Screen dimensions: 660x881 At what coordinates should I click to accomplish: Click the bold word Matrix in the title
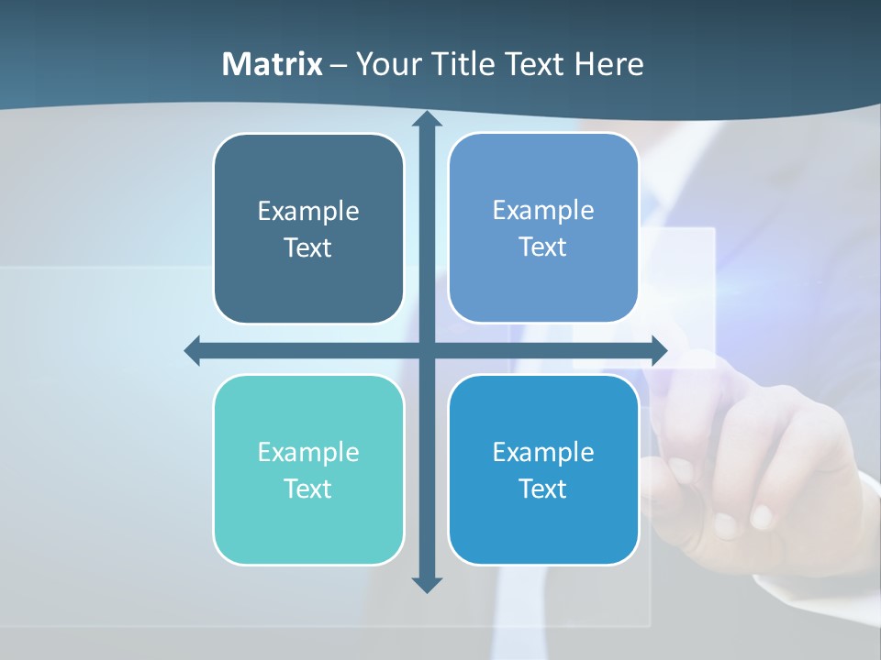point(273,64)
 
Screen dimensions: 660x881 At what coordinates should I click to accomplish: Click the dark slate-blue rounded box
point(308,229)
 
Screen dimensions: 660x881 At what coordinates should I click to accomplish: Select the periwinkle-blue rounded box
point(543,228)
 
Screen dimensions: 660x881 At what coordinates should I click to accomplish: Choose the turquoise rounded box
point(308,470)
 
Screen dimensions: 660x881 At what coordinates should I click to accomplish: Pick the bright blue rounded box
point(543,470)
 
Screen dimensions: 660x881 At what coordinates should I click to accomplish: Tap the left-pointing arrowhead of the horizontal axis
point(193,350)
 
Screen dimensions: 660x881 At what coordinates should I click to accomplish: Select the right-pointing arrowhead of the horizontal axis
point(659,350)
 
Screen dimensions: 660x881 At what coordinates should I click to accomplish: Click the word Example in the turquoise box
point(308,452)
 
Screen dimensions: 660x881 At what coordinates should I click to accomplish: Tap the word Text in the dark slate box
point(308,248)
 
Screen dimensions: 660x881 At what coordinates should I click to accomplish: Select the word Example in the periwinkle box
point(543,210)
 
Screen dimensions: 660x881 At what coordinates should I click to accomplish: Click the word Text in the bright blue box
point(543,489)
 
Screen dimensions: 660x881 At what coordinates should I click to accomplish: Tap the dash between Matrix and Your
point(339,65)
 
